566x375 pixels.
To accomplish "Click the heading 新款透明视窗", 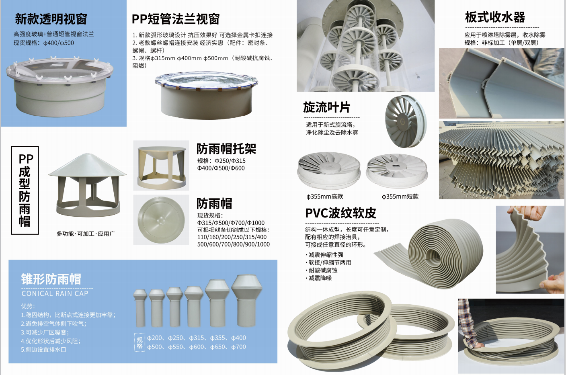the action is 51,19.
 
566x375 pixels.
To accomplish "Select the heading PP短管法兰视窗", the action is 176,19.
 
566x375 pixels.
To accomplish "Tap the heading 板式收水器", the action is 495,17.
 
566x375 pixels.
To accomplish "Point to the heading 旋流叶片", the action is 326,107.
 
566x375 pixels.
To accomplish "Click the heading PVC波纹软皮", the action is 340,213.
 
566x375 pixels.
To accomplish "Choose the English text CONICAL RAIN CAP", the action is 55,293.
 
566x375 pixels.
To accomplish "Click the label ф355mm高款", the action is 325,197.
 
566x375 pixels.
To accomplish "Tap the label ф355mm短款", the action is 400,197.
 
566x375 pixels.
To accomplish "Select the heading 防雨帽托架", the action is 226,149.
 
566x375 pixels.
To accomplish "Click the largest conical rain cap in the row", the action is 247,301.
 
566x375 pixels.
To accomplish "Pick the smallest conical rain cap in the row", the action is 140,308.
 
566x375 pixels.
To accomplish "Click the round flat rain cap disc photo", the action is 161,220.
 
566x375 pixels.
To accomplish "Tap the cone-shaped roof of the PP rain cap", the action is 87,165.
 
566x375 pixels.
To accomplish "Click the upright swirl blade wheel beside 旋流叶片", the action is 406,121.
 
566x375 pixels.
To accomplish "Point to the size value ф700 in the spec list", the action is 238,347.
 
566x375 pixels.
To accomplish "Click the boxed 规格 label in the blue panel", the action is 139,342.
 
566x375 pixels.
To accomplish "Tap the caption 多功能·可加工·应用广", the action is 86,234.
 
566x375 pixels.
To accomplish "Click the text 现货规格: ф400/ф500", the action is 44,43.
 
